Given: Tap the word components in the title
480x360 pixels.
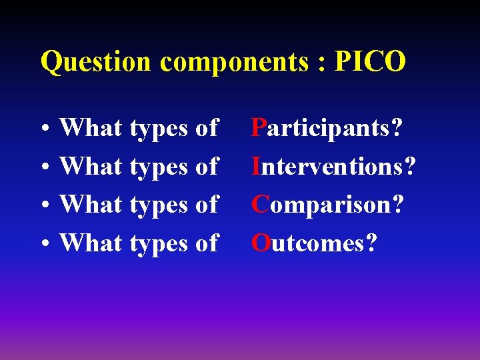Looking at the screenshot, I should click(x=235, y=62).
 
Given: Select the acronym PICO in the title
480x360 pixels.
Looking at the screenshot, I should click(x=370, y=61).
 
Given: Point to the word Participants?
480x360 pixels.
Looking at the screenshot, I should click(x=327, y=128).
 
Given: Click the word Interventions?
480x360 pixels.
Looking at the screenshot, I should click(x=333, y=166).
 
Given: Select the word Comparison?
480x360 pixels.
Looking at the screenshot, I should click(x=327, y=205).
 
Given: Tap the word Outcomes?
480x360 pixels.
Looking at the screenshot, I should click(x=313, y=243).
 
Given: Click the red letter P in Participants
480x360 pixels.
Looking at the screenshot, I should click(x=258, y=127).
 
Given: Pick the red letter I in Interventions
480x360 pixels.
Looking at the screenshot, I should click(x=255, y=166).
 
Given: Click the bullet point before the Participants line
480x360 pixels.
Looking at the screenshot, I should click(x=43, y=129).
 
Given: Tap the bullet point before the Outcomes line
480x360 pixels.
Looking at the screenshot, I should click(x=43, y=245).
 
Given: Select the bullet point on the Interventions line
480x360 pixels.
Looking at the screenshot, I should click(x=43, y=168).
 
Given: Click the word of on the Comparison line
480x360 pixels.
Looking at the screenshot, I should click(x=207, y=205).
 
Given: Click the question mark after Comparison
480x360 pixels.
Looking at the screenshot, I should click(x=397, y=205).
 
